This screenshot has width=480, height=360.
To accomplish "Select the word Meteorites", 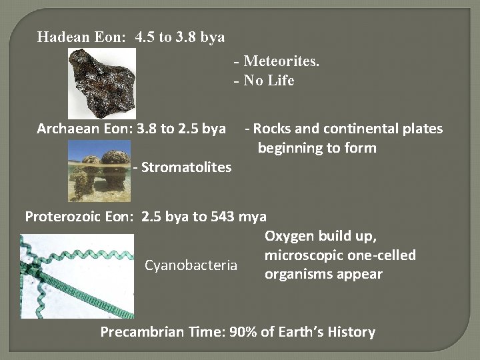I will (x=281, y=61).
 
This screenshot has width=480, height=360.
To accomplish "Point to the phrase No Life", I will (x=269, y=81).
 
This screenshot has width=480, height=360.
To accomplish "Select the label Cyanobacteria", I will (x=191, y=265).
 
